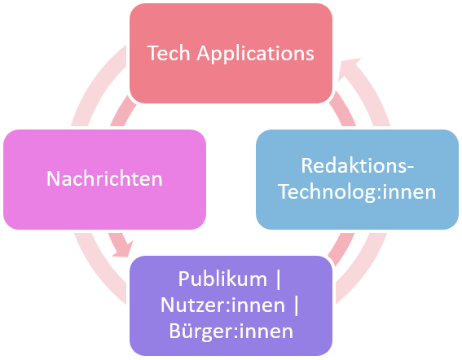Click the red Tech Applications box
click(x=231, y=53)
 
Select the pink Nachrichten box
click(x=104, y=179)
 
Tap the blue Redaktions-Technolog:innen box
click(x=357, y=179)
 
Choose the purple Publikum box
click(x=231, y=305)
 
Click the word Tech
click(x=169, y=53)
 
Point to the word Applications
click(x=256, y=54)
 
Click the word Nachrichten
click(x=104, y=178)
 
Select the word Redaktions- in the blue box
click(x=358, y=165)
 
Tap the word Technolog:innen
click(x=357, y=191)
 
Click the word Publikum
click(x=222, y=279)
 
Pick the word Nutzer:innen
click(x=222, y=305)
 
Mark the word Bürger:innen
click(x=231, y=331)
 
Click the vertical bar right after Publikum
click(x=279, y=279)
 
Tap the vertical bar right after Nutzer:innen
click(x=297, y=305)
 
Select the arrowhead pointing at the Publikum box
click(x=124, y=249)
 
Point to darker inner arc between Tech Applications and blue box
click(x=344, y=110)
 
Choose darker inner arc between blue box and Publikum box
click(x=341, y=248)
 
